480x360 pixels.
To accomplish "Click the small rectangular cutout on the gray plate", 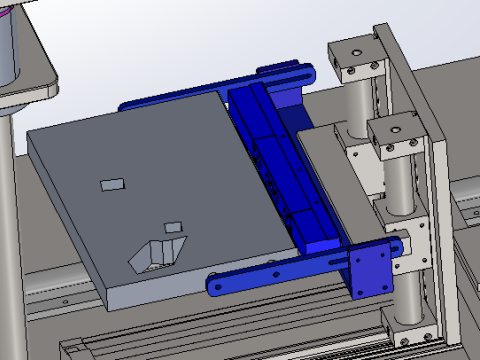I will click(x=112, y=184).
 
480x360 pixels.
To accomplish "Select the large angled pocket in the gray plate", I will click(x=153, y=254).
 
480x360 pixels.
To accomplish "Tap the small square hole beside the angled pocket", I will click(x=173, y=226).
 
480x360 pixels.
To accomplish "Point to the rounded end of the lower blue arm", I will click(x=215, y=286).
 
